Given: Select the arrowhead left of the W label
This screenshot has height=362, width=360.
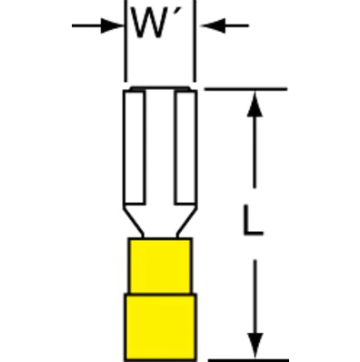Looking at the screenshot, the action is point(115,26).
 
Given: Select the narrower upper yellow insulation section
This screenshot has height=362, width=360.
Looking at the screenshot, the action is point(160,264).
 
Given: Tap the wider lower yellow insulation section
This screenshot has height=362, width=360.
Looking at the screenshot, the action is point(160,323).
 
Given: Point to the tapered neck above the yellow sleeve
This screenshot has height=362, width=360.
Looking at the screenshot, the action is point(160,222).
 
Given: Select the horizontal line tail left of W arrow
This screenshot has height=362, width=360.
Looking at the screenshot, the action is point(86,26).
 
